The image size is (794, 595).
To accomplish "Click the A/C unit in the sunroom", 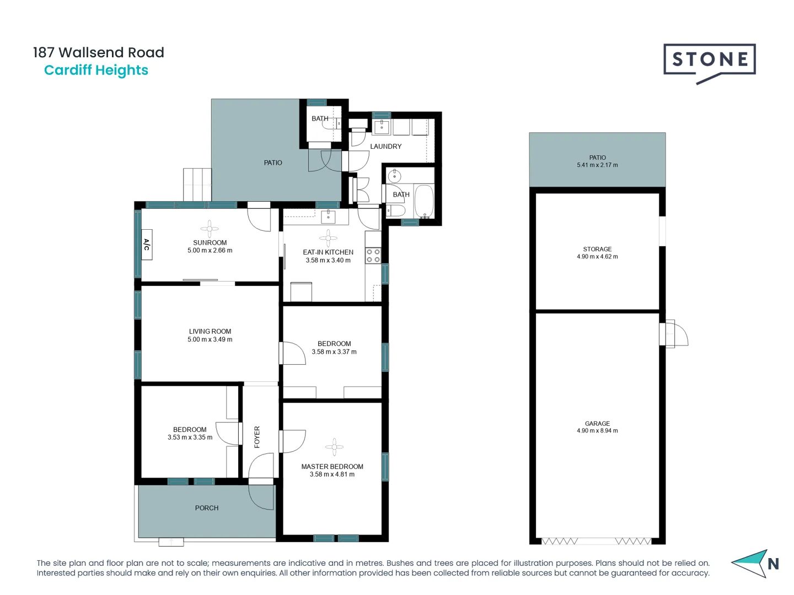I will pyautogui.click(x=147, y=244).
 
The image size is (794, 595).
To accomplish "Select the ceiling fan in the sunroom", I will pyautogui.click(x=210, y=228).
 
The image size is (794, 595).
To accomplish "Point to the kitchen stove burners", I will pyautogui.click(x=373, y=255).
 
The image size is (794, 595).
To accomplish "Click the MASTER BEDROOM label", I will pyautogui.click(x=332, y=466).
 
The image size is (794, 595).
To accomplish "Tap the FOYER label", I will pyautogui.click(x=257, y=437).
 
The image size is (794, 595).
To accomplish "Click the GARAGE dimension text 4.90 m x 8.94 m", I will pyautogui.click(x=597, y=431).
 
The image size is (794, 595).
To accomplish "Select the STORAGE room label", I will pyautogui.click(x=597, y=249).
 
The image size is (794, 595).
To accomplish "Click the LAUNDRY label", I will pyautogui.click(x=385, y=147).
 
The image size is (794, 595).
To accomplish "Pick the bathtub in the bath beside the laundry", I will pyautogui.click(x=424, y=201).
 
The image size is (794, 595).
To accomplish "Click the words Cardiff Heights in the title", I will pyautogui.click(x=96, y=71).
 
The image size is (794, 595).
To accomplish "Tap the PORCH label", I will pyautogui.click(x=207, y=508).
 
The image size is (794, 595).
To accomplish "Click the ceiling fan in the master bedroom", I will pyautogui.click(x=334, y=447).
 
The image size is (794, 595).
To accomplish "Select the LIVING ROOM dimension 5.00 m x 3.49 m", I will pyautogui.click(x=210, y=339).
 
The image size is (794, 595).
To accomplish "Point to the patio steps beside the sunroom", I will pyautogui.click(x=197, y=185).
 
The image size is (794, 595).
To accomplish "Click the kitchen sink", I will pyautogui.click(x=328, y=216).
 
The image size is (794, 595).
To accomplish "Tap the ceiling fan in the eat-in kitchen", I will pyautogui.click(x=328, y=238).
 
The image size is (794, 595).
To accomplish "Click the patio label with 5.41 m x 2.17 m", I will pyautogui.click(x=597, y=161).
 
